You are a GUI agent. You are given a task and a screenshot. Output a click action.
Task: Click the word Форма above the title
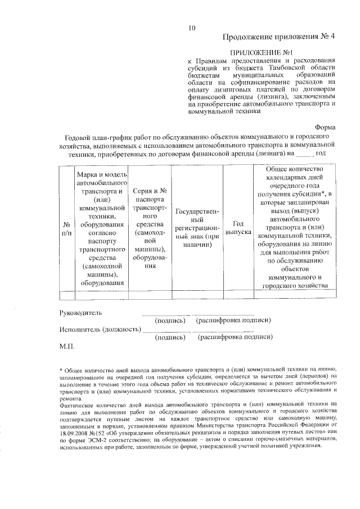(326, 128)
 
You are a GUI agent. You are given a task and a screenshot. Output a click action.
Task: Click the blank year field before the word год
(304, 153)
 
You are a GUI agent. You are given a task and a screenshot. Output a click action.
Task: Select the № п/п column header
(66, 228)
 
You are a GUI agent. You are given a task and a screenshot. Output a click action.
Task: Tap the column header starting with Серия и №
(149, 228)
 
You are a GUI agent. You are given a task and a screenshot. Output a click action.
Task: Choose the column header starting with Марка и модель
(102, 228)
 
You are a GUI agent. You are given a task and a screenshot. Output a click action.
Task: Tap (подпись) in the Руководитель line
(170, 320)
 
